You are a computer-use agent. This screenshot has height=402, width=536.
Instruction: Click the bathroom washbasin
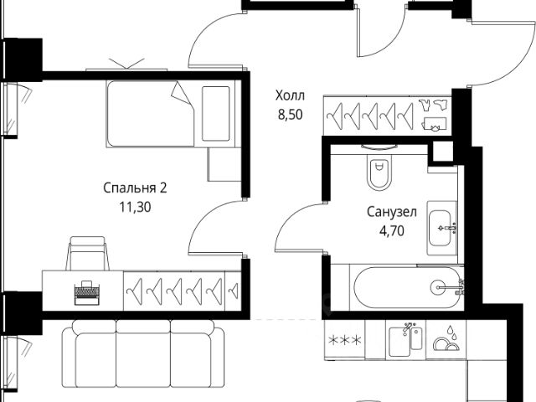(x=443, y=226)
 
